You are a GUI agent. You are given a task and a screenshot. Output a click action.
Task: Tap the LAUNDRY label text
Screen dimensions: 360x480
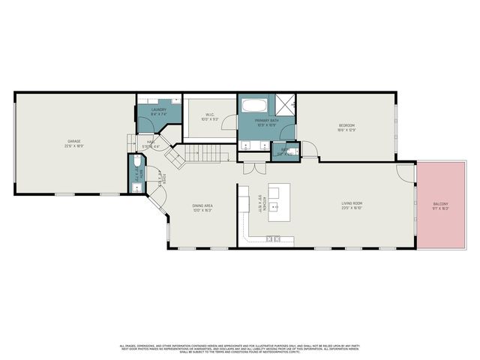pyautogui.click(x=158, y=109)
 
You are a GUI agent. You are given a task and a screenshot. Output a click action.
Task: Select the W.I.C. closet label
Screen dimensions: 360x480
pyautogui.click(x=211, y=115)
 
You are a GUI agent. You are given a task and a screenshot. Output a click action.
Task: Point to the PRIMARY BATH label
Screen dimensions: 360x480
pyautogui.click(x=266, y=120)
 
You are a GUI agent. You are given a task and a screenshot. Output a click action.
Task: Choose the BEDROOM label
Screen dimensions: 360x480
pyautogui.click(x=346, y=124)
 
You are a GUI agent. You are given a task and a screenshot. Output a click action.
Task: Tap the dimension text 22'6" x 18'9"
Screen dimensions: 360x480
pyautogui.click(x=73, y=145)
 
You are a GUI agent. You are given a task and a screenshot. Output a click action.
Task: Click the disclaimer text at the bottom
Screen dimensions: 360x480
pyautogui.click(x=239, y=348)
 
